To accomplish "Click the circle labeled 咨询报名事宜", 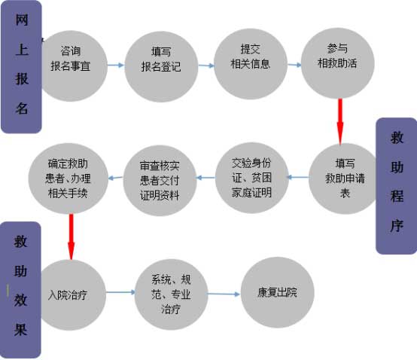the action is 72,66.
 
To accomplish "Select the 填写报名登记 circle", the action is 161,67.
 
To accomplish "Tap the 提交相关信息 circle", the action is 251,64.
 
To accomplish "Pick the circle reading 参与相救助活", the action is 338,63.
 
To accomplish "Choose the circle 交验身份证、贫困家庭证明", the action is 252,178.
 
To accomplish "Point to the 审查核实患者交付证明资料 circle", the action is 160,181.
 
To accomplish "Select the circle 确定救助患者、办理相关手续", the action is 68,178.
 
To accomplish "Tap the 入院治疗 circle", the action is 71,295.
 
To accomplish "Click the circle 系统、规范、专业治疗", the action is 172,294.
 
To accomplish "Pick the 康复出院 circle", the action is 278,292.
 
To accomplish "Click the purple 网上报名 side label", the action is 21,66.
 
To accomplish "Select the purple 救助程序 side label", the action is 397,186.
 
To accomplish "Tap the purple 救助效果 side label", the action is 21,290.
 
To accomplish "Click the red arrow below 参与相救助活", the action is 340,121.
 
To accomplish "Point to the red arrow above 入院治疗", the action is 71,236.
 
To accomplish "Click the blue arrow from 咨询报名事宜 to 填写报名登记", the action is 116,65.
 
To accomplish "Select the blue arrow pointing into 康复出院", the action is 224,294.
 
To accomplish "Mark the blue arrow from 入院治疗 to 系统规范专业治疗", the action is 120,292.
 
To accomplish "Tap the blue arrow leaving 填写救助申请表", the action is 298,177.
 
